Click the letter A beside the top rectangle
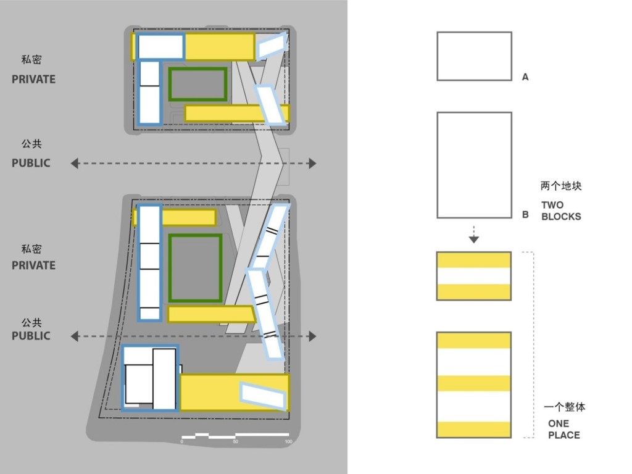pos(525,77)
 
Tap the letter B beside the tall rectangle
pos(525,214)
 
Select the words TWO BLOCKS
pos(561,211)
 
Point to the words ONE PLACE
pos(564,430)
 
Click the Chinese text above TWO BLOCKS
pos(561,186)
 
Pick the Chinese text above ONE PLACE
pos(564,407)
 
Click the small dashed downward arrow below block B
pos(474,235)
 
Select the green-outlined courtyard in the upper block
pos(197,84)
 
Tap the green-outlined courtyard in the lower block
pos(196,268)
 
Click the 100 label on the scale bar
pos(289,442)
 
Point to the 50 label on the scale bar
pos(235,442)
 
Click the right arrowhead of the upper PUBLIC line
pos(312,163)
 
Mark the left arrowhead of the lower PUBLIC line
pos(75,336)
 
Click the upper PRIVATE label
pos(33,79)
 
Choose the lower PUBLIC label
pos(31,336)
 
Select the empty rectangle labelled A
pos(475,56)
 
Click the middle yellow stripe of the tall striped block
pos(474,383)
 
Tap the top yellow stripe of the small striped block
pos(474,260)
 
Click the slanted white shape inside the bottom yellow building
pos(263,395)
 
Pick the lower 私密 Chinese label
pos(31,249)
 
